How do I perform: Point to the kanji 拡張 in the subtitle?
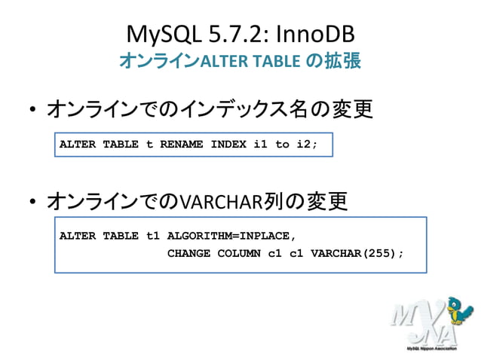pyautogui.click(x=343, y=60)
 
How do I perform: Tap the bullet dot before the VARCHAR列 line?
pyautogui.click(x=32, y=203)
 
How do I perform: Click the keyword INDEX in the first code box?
pyautogui.click(x=228, y=144)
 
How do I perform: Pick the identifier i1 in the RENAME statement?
pyautogui.click(x=261, y=144)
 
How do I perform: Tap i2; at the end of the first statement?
pyautogui.click(x=308, y=144)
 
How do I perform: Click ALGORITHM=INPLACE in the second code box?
pyautogui.click(x=226, y=236)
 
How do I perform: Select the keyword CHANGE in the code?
pyautogui.click(x=188, y=253)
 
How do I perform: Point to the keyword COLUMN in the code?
pyautogui.click(x=239, y=253)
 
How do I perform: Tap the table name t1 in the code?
pyautogui.click(x=153, y=236)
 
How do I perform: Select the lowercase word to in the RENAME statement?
pyautogui.click(x=282, y=144)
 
